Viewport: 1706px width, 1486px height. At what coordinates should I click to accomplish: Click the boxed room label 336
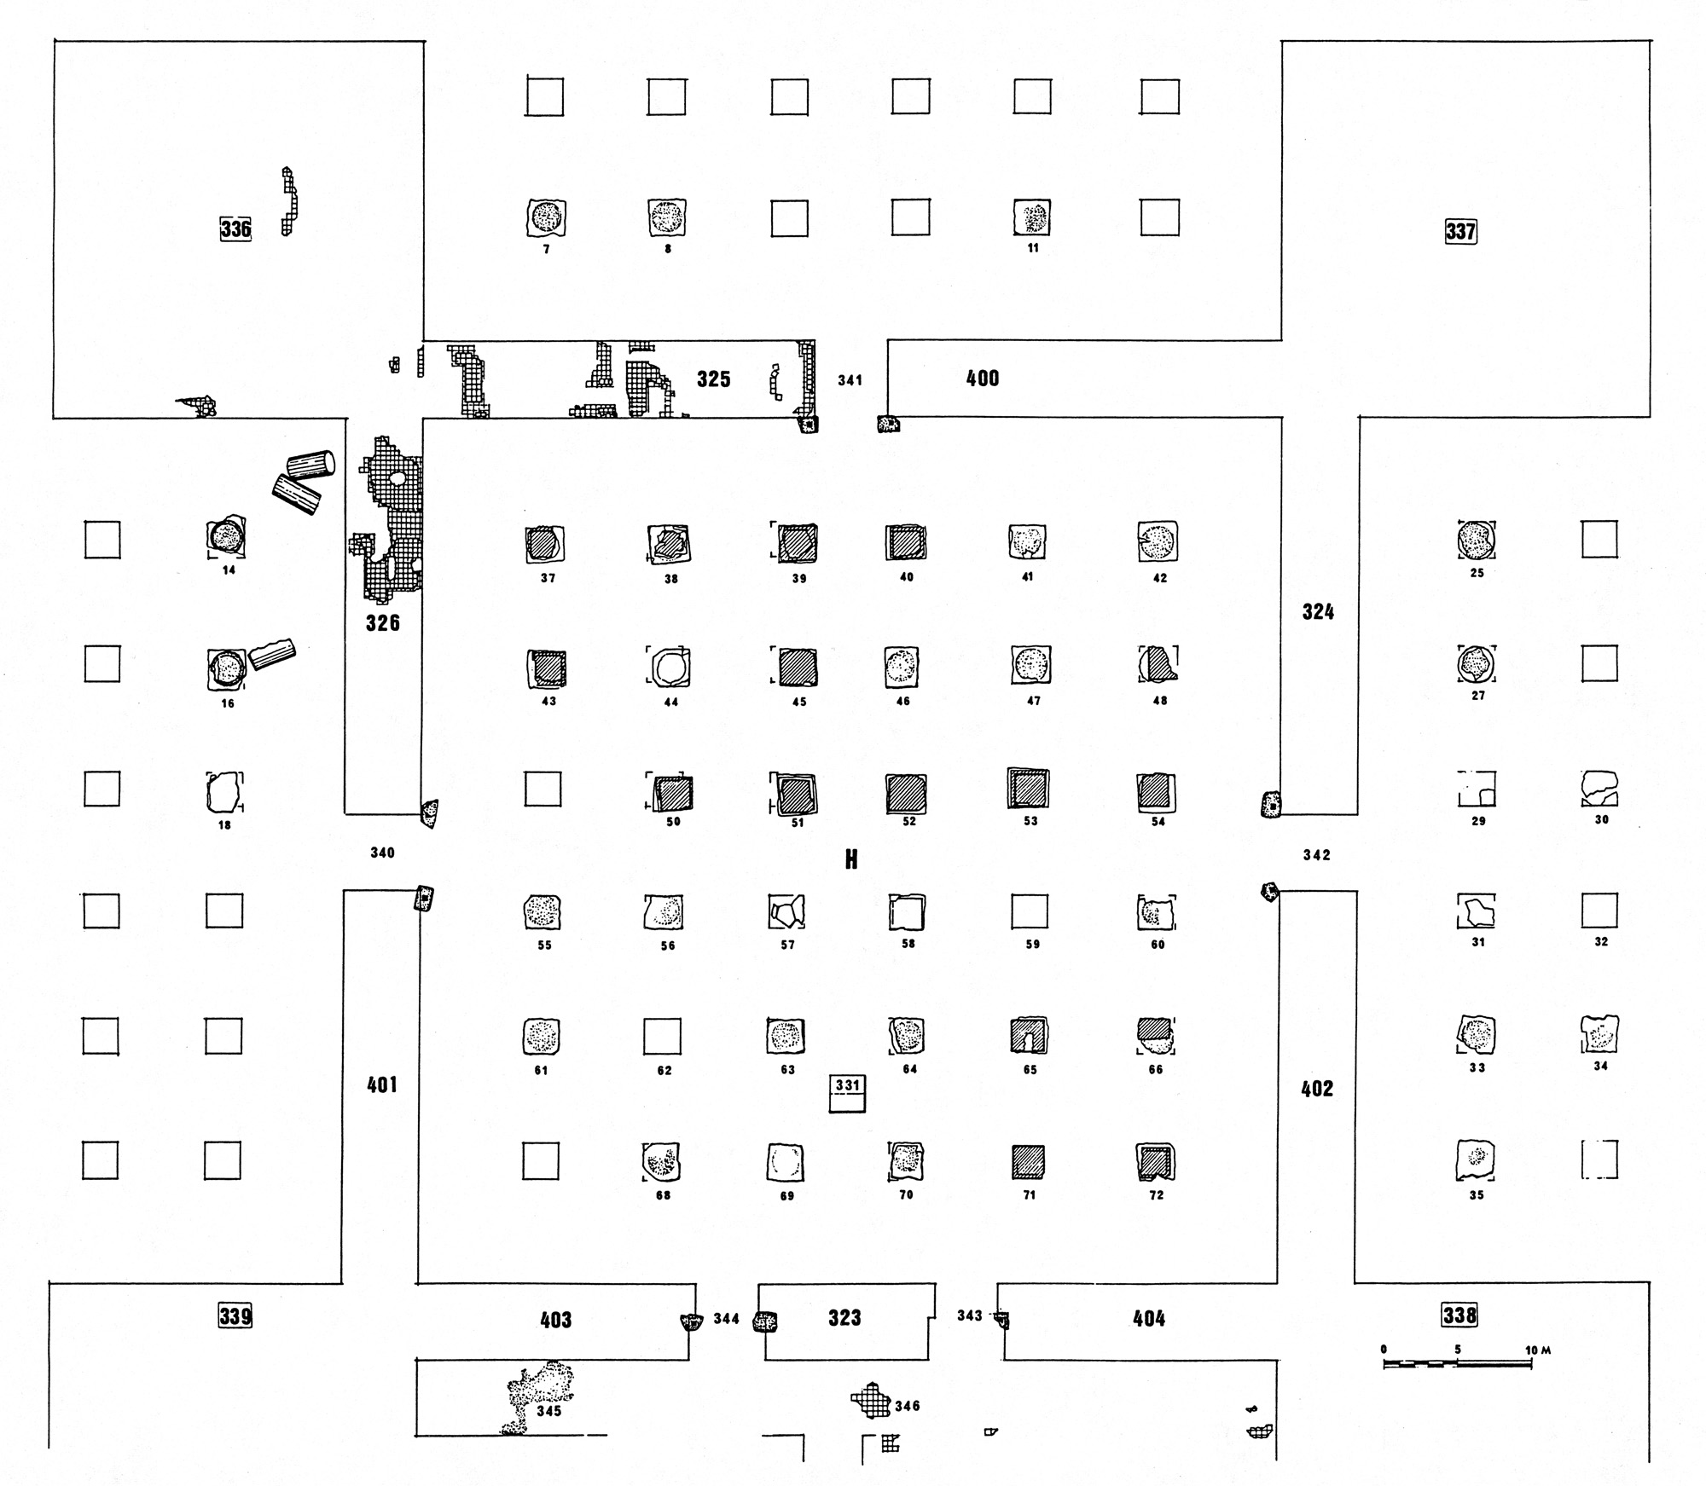tap(235, 228)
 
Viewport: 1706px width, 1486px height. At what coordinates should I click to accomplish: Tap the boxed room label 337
tap(1460, 231)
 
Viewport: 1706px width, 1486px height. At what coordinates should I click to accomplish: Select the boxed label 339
tap(235, 1315)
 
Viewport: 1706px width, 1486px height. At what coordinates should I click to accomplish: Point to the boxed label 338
tap(1459, 1315)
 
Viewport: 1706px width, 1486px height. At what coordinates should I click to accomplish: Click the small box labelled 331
tap(847, 1093)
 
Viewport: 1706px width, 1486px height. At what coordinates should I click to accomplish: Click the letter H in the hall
tap(850, 859)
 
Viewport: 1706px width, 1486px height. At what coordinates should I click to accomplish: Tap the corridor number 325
tap(713, 379)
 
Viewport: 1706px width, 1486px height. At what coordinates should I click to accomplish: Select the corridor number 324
tap(1318, 611)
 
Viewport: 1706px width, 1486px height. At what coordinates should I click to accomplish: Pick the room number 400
tap(982, 379)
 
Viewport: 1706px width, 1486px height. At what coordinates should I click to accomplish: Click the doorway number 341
tap(850, 380)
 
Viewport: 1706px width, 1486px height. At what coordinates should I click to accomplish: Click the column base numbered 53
tap(1029, 789)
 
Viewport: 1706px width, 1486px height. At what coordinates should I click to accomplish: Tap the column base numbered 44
tap(669, 667)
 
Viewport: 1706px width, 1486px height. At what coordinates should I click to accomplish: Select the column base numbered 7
tap(546, 218)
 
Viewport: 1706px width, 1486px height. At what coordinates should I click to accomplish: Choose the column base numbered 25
tap(1477, 539)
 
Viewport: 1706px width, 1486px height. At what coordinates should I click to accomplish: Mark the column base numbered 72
tap(1156, 1161)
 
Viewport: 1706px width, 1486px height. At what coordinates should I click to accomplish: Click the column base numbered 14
tap(227, 537)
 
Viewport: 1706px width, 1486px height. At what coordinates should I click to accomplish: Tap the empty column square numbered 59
tap(1029, 911)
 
